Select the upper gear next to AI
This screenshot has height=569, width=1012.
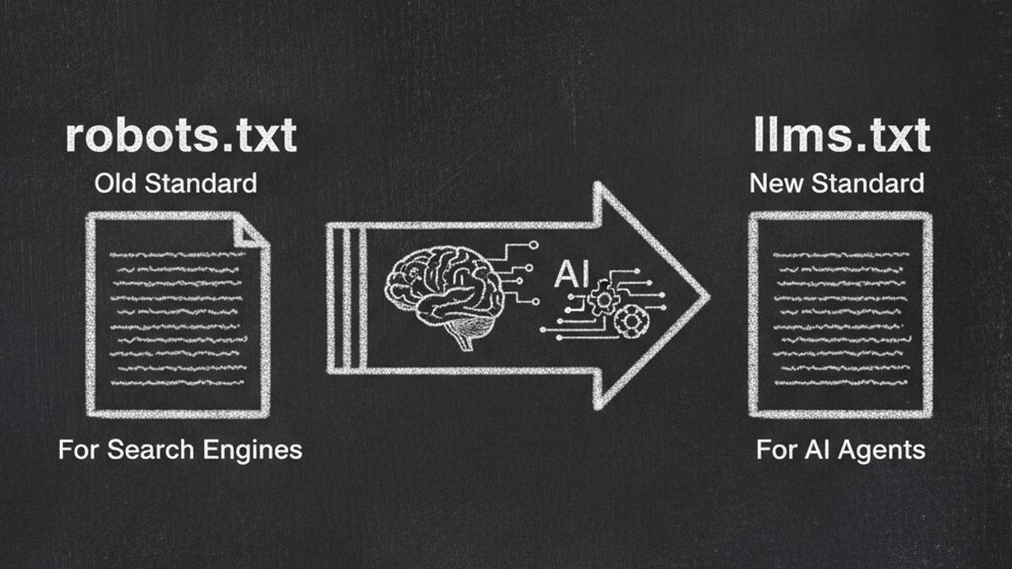pos(603,301)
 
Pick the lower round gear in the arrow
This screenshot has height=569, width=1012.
pos(626,322)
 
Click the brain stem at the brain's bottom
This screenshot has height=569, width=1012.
pos(463,338)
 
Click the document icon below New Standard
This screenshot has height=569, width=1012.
pos(840,314)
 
